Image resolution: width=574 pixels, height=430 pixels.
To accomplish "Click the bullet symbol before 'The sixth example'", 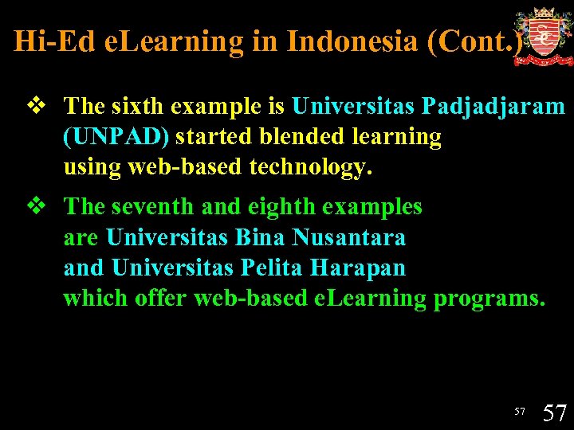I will coord(35,106).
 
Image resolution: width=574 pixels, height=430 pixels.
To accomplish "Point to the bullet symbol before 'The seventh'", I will coord(35,207).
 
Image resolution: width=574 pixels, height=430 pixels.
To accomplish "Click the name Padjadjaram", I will coord(493,106).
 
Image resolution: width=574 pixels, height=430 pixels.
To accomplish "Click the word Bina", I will coord(261,237).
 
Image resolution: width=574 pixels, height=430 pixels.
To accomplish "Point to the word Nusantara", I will coord(348,237).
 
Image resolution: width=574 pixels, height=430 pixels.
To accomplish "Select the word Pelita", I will coord(265,268).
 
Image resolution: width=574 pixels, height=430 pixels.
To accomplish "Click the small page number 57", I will coord(520,411).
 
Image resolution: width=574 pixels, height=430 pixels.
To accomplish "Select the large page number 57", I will coord(554,412).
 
